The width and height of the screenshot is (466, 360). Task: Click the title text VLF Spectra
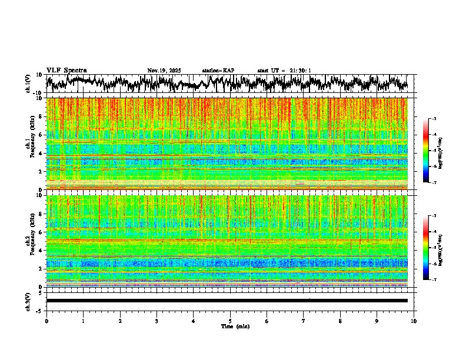click(x=66, y=70)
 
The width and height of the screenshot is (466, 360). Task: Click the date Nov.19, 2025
click(x=164, y=71)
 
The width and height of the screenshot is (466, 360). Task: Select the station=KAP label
click(x=218, y=71)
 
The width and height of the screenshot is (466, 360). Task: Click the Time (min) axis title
click(x=235, y=326)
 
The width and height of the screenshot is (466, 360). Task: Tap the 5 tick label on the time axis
click(x=230, y=321)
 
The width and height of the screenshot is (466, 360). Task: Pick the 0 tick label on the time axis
click(x=46, y=321)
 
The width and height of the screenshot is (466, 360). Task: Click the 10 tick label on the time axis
click(x=414, y=321)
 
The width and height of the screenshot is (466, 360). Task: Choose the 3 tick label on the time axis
click(x=157, y=321)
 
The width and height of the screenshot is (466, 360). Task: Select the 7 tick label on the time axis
click(x=304, y=321)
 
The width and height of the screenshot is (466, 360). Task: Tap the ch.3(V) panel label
click(x=28, y=301)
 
